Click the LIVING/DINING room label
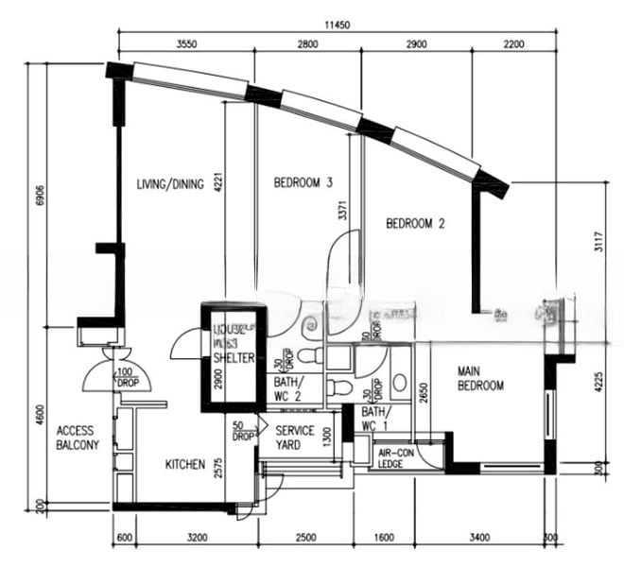pos(169,184)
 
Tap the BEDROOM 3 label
pos(303,182)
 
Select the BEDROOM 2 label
pos(415,224)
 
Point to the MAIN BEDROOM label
pos(480,378)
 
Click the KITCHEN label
pos(185,464)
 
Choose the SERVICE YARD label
pos(295,437)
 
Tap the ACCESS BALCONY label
pos(77,438)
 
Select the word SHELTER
pos(233,358)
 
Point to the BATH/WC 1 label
pos(373,419)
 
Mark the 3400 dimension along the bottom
pos(479,539)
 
